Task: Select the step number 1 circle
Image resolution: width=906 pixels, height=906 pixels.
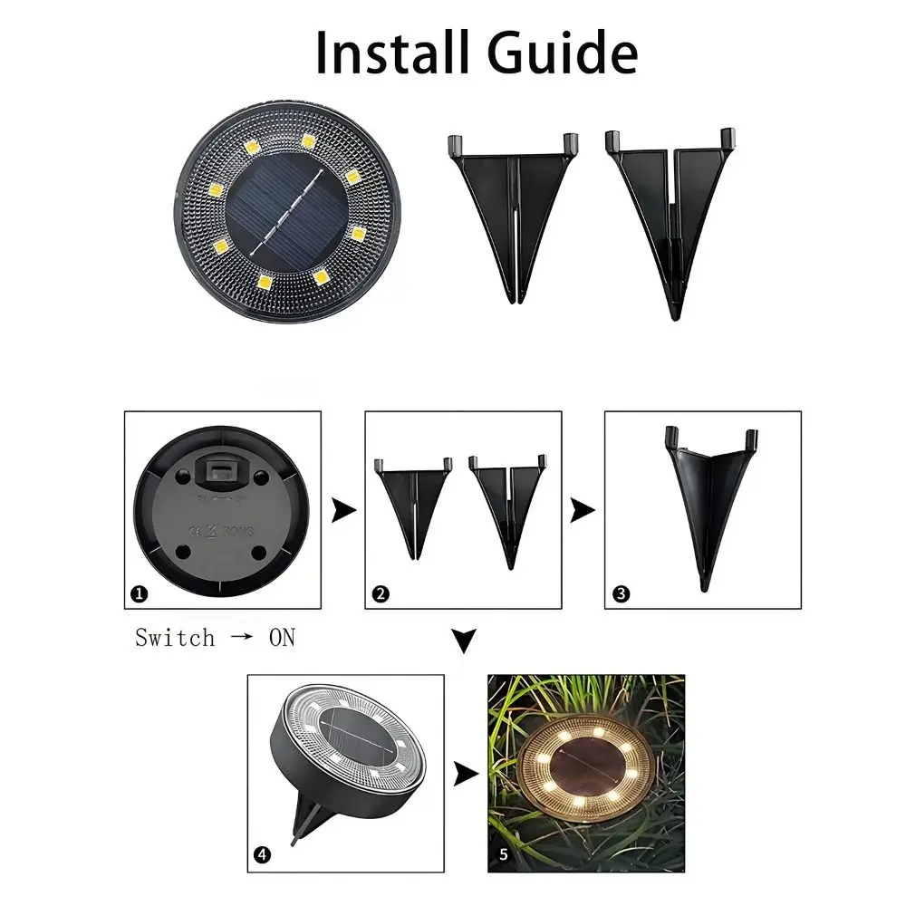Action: [x=139, y=595]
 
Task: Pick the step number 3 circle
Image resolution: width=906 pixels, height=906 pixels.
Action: [x=621, y=595]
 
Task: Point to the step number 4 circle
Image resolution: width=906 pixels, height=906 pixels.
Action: [x=262, y=854]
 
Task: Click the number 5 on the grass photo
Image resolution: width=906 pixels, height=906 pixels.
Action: [x=503, y=853]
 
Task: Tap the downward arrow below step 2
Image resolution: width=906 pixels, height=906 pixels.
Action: [x=464, y=641]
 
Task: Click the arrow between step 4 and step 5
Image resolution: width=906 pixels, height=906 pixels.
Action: [x=466, y=774]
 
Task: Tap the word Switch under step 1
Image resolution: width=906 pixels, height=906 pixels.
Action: [x=175, y=638]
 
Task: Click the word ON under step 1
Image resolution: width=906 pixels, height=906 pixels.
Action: [x=282, y=638]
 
